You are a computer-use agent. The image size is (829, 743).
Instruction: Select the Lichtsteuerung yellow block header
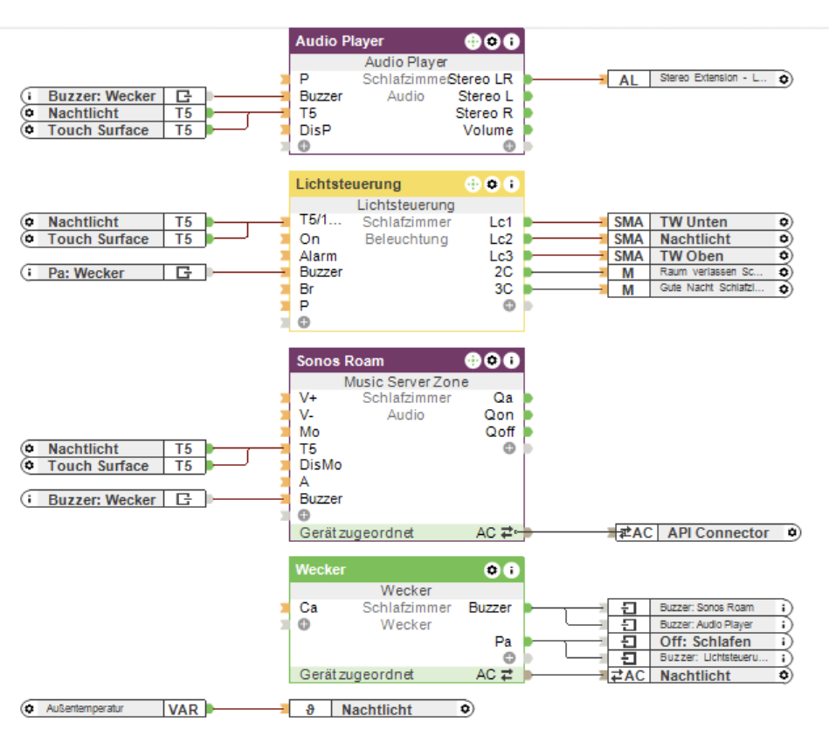click(348, 184)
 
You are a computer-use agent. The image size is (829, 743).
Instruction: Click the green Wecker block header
click(321, 570)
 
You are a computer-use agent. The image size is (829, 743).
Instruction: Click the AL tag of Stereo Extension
click(628, 80)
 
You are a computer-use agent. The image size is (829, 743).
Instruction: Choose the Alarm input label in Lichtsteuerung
click(318, 256)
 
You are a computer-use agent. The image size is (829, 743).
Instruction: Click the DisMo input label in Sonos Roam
click(321, 465)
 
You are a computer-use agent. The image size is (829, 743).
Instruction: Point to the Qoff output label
click(500, 432)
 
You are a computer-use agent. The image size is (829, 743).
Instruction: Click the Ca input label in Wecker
click(308, 608)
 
